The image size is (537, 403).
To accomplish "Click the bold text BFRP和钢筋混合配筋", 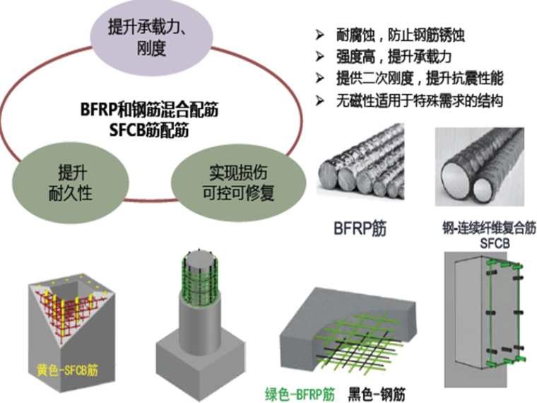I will [148, 111].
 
